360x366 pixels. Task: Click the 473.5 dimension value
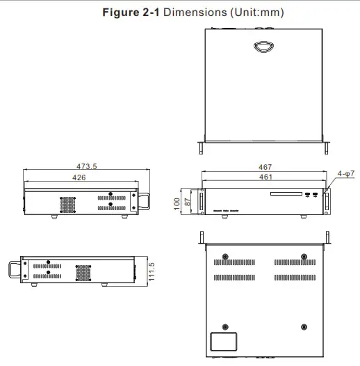[x=86, y=166]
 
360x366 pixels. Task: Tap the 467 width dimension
[x=265, y=167]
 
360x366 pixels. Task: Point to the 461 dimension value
[x=265, y=177]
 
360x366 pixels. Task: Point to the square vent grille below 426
[x=67, y=203]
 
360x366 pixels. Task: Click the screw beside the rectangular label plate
[x=225, y=326]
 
